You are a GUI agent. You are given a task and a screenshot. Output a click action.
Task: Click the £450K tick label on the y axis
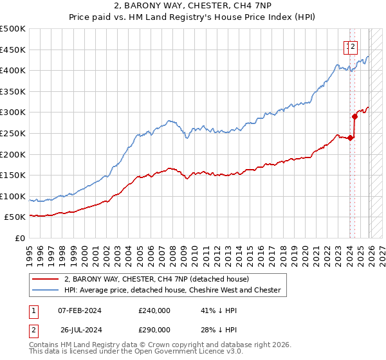(x=14, y=50)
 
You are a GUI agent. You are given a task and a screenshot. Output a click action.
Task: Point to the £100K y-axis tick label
(x=14, y=196)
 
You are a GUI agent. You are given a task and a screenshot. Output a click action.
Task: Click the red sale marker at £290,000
(x=354, y=116)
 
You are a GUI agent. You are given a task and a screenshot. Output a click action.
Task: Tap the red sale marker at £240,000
(x=350, y=138)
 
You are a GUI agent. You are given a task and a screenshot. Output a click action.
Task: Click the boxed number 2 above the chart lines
(x=353, y=46)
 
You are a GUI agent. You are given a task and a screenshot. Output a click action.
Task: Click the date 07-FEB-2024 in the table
(x=79, y=310)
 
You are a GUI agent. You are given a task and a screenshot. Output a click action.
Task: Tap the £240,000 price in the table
(x=154, y=310)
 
